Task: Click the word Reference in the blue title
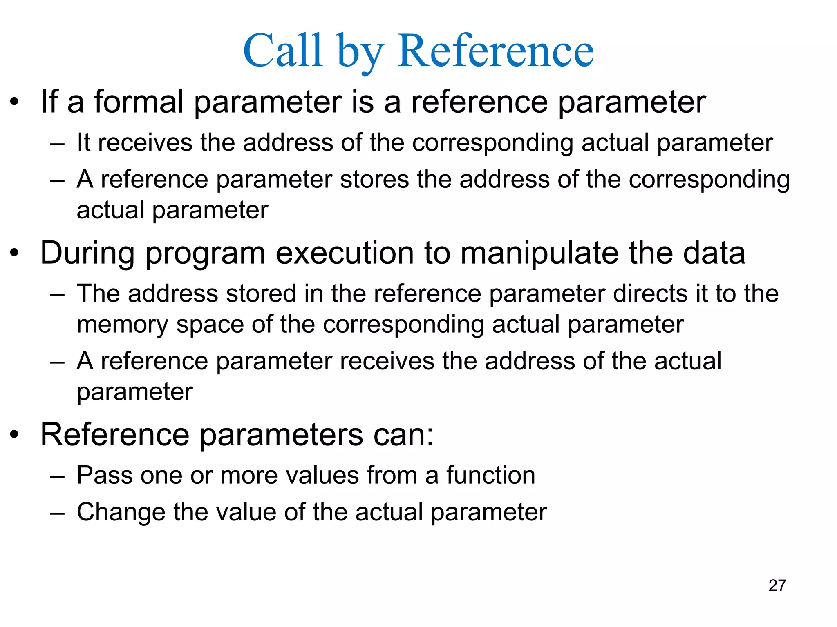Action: [x=495, y=51]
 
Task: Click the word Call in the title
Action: [x=283, y=51]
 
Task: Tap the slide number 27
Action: [x=777, y=585]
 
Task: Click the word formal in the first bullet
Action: [x=139, y=102]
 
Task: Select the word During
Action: [x=87, y=253]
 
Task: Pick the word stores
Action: [x=374, y=179]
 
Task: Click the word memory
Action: [x=122, y=325]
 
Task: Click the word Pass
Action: [x=104, y=475]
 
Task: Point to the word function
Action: [x=490, y=475]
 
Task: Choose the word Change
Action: [x=121, y=512]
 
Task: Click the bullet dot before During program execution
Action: [x=15, y=253]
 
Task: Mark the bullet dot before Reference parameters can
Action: [x=15, y=435]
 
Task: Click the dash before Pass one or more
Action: [x=57, y=476]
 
